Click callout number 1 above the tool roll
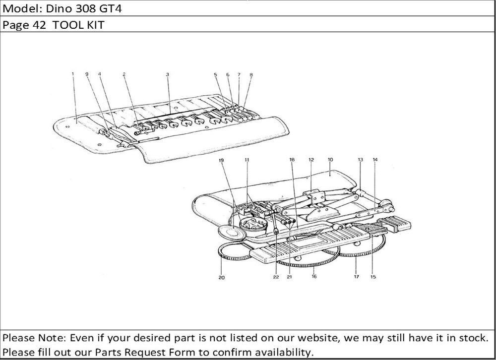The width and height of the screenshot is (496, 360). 72,74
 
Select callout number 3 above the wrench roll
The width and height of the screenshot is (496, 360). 168,74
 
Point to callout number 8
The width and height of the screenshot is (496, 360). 251,75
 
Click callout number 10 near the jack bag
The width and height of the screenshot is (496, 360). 330,160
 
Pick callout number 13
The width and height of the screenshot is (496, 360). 360,160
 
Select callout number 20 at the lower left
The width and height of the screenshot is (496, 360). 221,278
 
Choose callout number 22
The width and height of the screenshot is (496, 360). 275,277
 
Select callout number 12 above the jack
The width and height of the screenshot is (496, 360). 311,160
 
